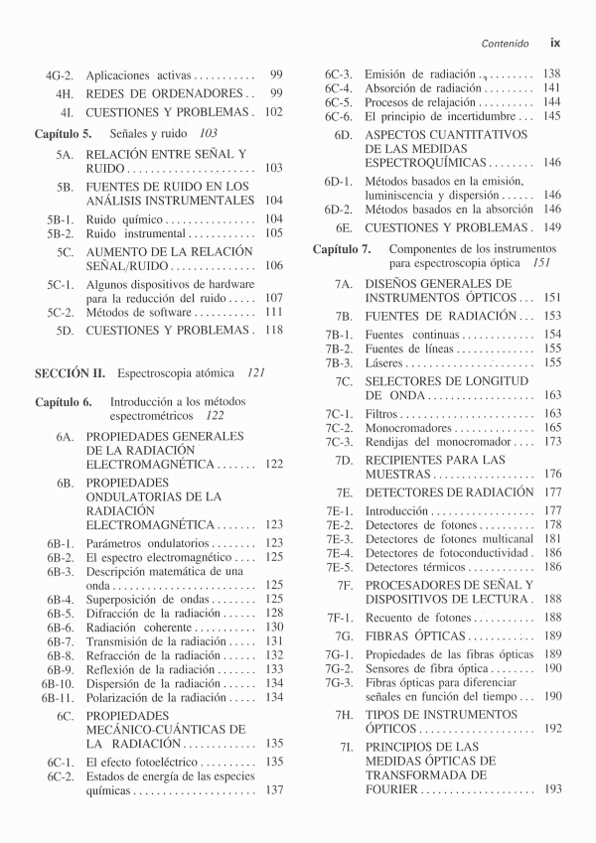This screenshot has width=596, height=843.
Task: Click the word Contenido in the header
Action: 504,44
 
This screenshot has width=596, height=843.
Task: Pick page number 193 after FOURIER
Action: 552,788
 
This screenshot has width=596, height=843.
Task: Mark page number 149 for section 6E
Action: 552,226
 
